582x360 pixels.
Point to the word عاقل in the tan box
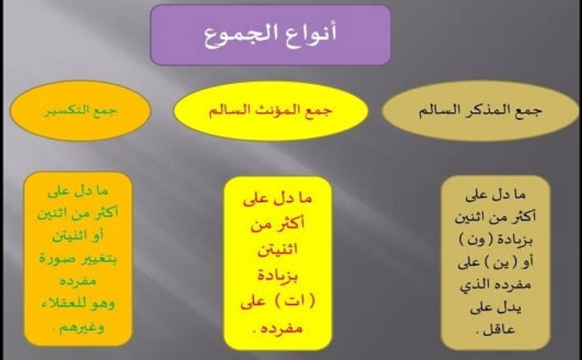(x=500, y=330)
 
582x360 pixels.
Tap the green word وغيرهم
(x=82, y=327)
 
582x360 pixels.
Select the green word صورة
(x=56, y=258)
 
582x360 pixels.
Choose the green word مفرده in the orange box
(x=78, y=280)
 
